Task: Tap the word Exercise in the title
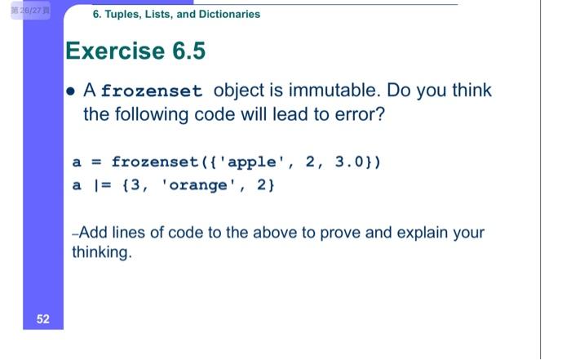click(x=114, y=51)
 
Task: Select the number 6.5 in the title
click(x=188, y=51)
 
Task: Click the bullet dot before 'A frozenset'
click(x=73, y=91)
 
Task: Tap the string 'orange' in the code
click(x=198, y=184)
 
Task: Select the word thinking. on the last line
click(x=101, y=252)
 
